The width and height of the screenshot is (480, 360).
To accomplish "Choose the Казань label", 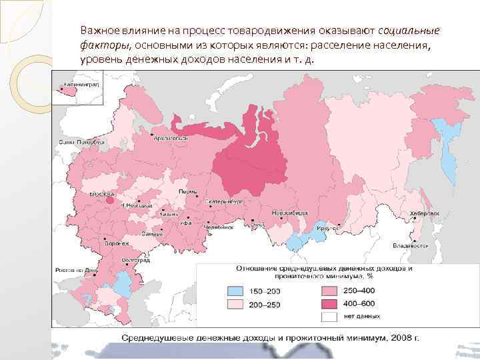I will click(x=167, y=214).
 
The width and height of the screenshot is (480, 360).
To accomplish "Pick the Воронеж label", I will click(x=117, y=243).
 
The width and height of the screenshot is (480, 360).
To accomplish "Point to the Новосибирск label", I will click(x=288, y=212).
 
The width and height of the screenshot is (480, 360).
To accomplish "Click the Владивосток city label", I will click(x=409, y=245).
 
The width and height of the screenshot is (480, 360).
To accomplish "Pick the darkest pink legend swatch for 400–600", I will click(x=329, y=304).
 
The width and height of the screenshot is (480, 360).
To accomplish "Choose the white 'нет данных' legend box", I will click(x=329, y=316).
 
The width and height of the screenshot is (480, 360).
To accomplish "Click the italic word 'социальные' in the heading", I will click(x=408, y=31).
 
